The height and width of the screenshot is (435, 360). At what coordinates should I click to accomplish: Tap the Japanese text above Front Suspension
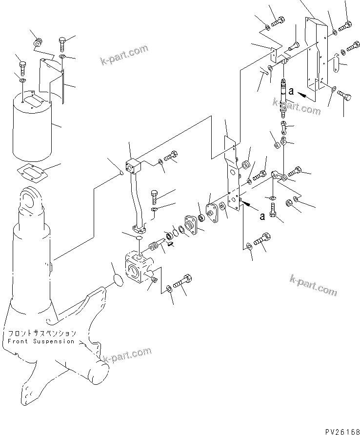(x=41, y=334)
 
